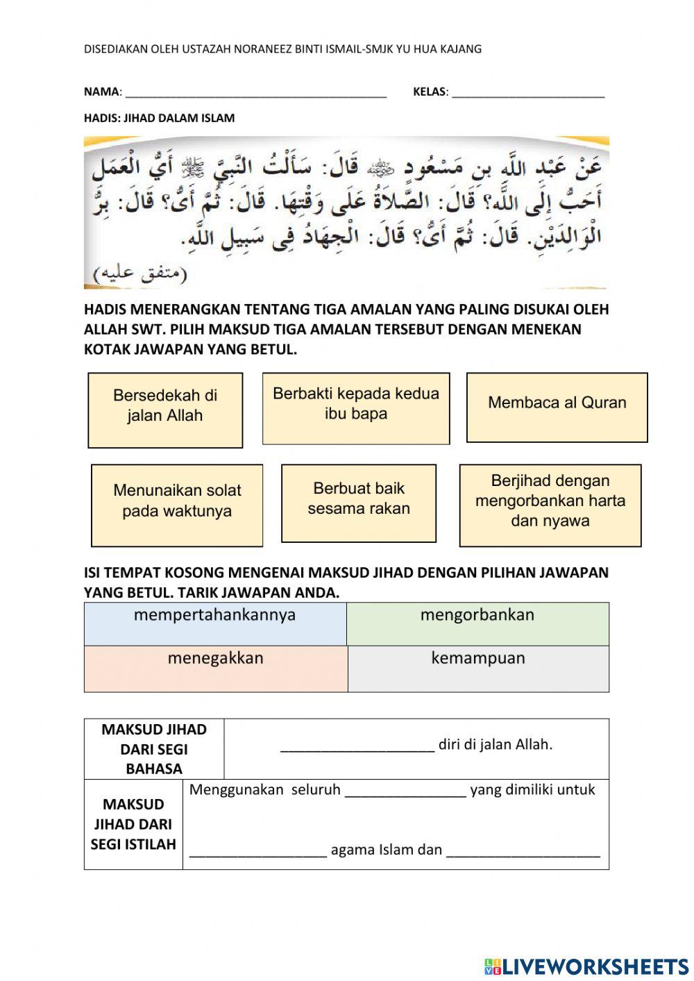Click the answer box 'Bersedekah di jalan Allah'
tap(165, 410)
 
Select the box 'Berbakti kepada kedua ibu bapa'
tap(355, 408)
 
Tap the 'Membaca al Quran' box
tap(557, 407)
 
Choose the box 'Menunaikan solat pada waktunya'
tap(177, 505)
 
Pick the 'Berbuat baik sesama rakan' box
tap(359, 503)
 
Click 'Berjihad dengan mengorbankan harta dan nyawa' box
tap(550, 505)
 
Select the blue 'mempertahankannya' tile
tap(215, 623)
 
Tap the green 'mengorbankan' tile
tap(477, 623)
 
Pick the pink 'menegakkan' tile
tap(215, 668)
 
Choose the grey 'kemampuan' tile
tap(477, 668)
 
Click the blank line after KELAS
tap(527, 92)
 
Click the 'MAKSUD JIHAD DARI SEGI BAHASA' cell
tap(154, 748)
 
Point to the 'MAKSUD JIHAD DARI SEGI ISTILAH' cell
tap(133, 824)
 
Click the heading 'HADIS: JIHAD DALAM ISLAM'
tap(159, 118)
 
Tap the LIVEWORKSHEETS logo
tap(586, 966)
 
